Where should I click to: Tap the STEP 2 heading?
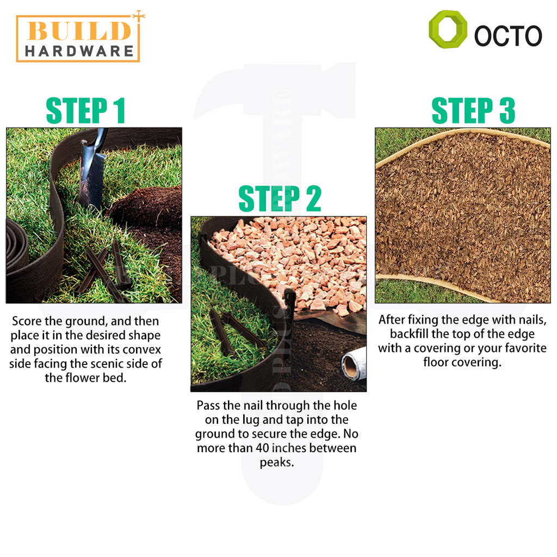coord(280,199)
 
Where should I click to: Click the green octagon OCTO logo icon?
coord(448,29)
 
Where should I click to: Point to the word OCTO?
coord(508,36)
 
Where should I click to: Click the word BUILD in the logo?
coord(78,31)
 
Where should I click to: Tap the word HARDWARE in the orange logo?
coord(79,52)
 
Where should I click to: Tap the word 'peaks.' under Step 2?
coord(277,462)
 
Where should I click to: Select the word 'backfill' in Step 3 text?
coord(413,333)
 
